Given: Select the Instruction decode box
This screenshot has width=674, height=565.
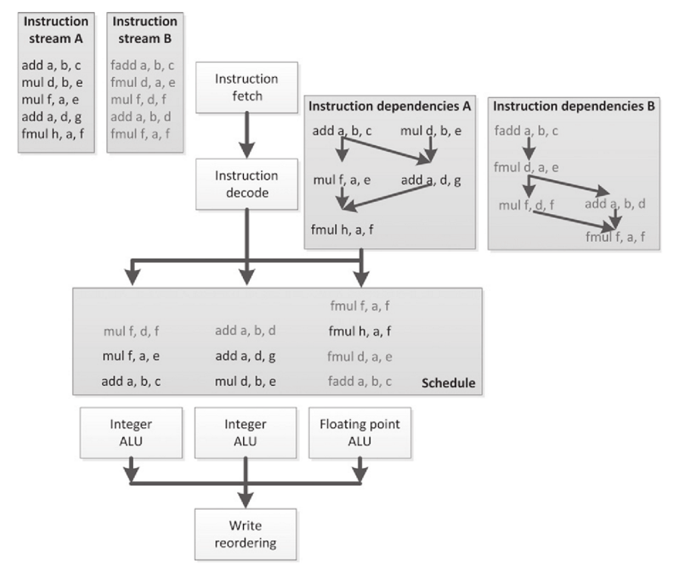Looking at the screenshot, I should pos(247,183).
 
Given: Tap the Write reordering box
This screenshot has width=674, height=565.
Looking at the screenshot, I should pos(247,534).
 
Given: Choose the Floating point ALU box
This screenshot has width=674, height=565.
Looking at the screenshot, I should pos(360,433).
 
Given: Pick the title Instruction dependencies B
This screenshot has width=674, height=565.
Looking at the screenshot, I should pos(572,107).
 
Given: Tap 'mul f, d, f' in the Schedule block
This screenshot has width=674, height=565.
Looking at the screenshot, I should pos(133,331).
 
